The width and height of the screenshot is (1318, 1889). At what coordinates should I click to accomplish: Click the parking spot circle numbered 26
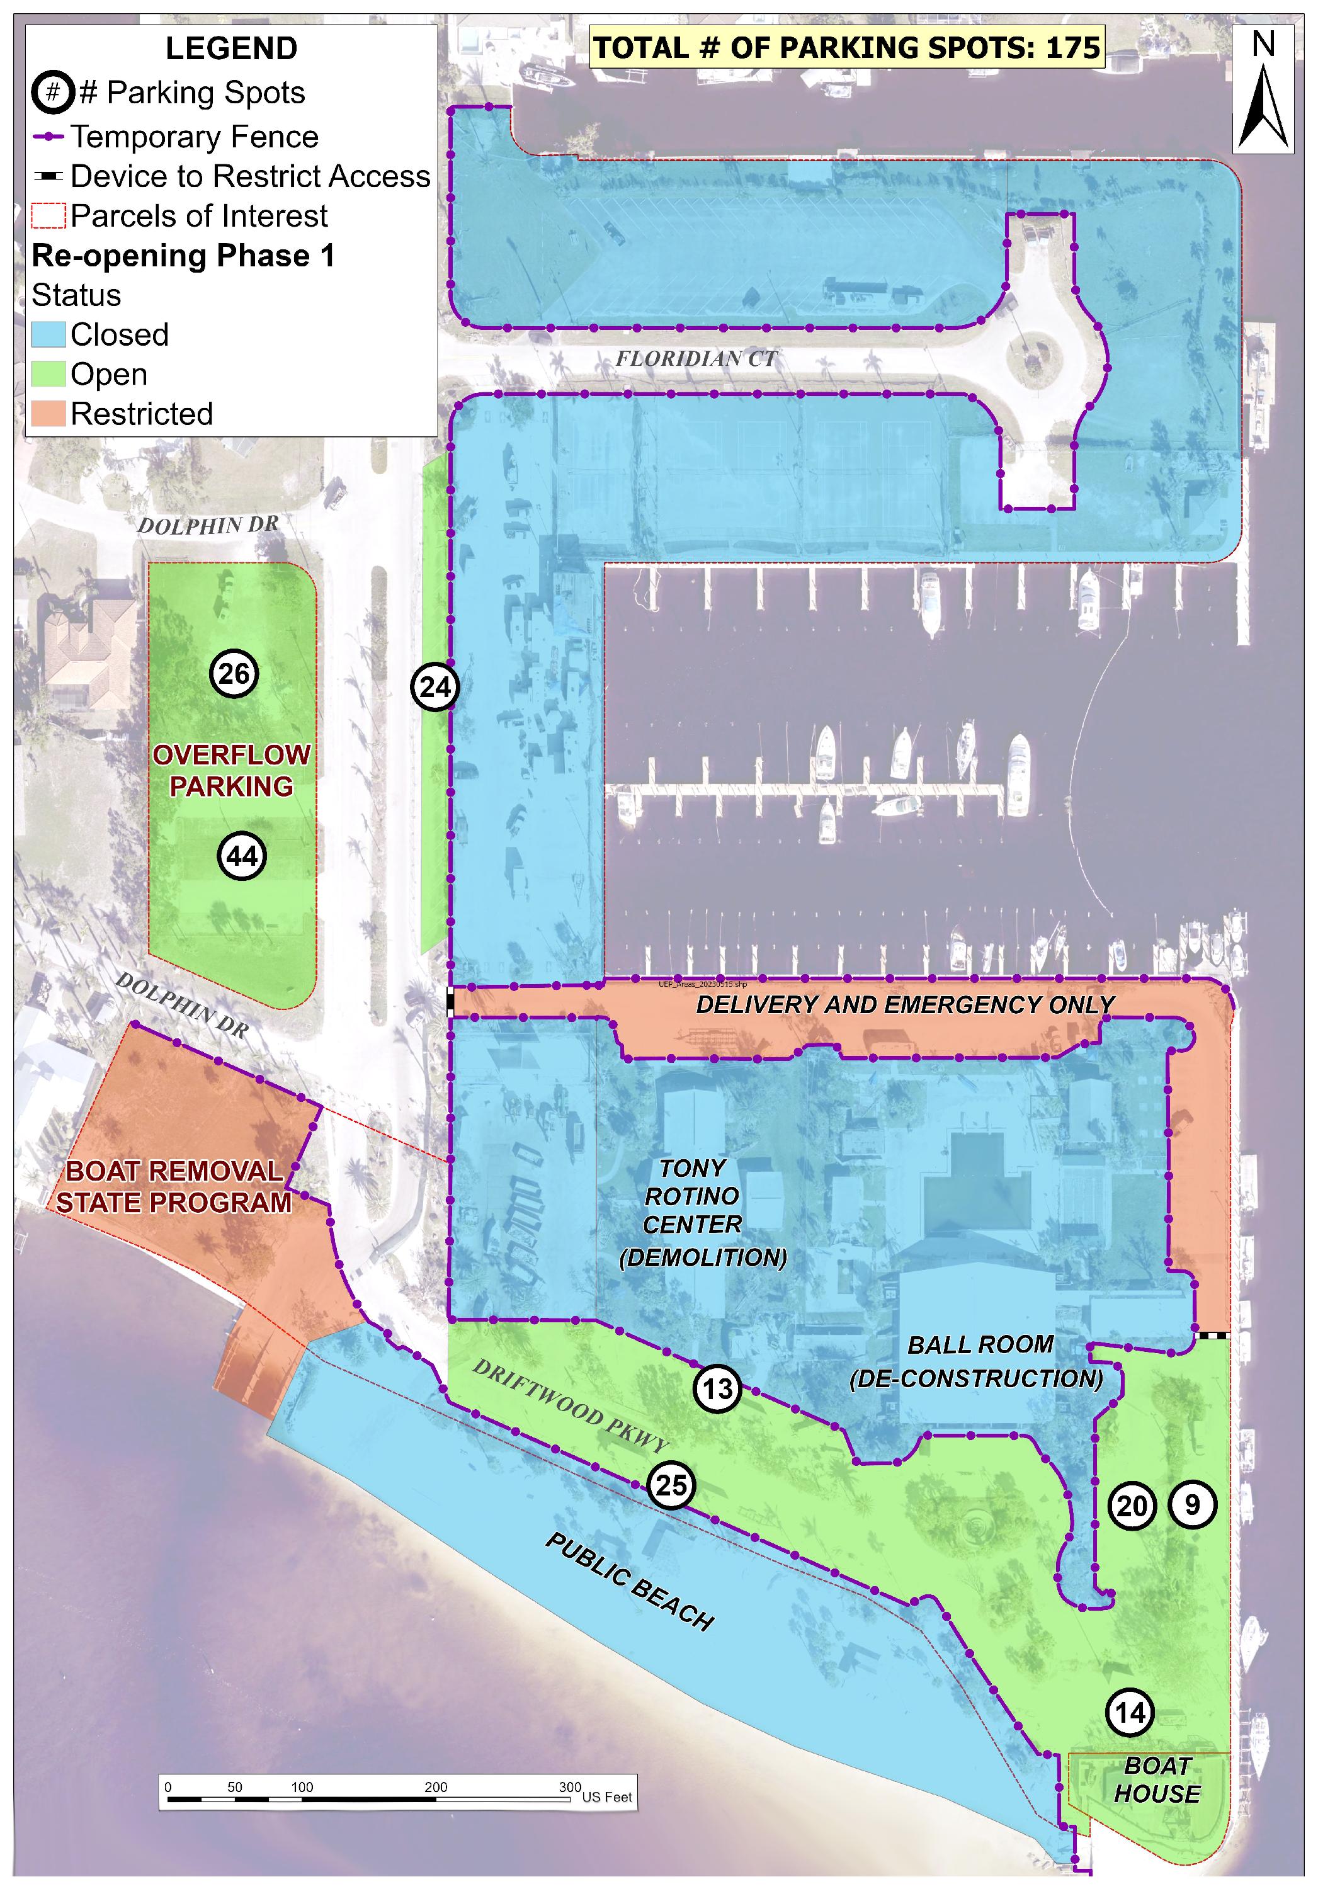click(234, 674)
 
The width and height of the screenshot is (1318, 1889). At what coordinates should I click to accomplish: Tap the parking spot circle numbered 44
click(242, 856)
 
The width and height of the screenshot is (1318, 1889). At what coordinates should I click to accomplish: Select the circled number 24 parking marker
click(435, 687)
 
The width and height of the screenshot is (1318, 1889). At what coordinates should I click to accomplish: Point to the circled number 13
click(717, 1390)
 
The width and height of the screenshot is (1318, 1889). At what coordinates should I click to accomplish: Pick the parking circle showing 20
click(1131, 1506)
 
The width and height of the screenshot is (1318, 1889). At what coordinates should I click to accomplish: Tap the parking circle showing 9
click(1191, 1505)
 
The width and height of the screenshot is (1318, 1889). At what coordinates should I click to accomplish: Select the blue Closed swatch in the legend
click(48, 335)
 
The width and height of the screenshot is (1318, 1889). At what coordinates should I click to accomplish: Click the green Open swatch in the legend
click(48, 375)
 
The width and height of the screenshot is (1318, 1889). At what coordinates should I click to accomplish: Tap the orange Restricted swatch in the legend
click(48, 414)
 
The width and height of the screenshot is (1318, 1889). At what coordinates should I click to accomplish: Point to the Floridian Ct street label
click(696, 359)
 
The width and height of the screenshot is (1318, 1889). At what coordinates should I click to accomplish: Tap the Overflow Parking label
click(231, 770)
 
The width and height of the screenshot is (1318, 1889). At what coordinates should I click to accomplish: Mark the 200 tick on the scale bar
click(436, 1788)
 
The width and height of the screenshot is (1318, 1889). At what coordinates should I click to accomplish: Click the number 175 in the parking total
click(1073, 48)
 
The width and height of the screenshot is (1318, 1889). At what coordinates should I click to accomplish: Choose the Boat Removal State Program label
click(174, 1187)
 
